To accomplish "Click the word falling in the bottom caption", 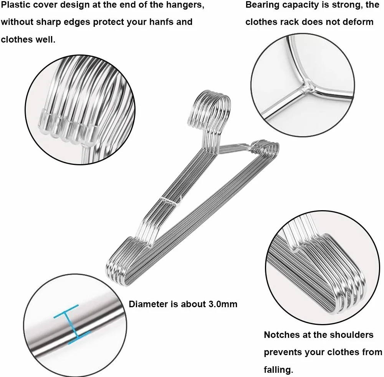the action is click(278, 369).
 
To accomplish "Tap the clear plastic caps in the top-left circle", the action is click(67, 128).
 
